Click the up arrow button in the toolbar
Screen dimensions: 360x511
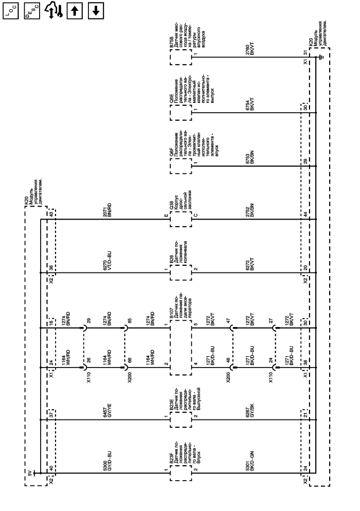click(75, 11)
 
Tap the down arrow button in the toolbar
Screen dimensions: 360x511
click(96, 11)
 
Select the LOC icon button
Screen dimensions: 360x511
click(11, 11)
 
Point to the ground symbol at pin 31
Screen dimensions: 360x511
click(321, 58)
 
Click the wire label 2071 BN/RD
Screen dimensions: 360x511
click(107, 210)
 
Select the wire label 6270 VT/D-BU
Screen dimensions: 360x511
click(107, 261)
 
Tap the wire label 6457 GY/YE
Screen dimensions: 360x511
click(107, 410)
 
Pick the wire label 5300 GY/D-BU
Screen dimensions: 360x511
click(107, 461)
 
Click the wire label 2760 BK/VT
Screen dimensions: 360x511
click(249, 48)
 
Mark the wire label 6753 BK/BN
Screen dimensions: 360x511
click(249, 157)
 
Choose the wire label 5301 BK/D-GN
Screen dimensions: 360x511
click(249, 461)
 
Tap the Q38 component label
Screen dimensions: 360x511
click(172, 205)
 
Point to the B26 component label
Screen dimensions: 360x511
click(172, 260)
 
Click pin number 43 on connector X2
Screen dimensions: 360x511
click(51, 214)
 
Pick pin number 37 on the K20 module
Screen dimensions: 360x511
click(51, 415)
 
